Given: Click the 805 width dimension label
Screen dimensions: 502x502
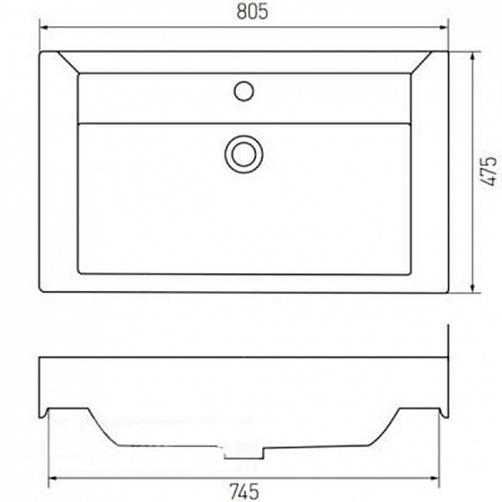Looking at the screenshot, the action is (x=252, y=12).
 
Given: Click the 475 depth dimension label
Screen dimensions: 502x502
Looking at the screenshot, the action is (x=490, y=171).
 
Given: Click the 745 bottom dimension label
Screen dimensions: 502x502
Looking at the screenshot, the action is (x=244, y=492).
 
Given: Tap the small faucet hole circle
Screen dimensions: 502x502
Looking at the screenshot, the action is (x=244, y=91).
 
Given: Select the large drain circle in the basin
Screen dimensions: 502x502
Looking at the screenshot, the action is (x=244, y=154).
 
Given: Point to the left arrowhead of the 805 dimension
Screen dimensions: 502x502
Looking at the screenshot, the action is (x=43, y=28).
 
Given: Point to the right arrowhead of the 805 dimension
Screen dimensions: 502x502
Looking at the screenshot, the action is (x=445, y=28).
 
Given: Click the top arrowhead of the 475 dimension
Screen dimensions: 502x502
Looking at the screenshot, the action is (x=472, y=56).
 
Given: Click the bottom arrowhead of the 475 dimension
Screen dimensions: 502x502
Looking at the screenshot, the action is (x=472, y=288).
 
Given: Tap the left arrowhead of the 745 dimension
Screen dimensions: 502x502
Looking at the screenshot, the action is (x=53, y=478).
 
